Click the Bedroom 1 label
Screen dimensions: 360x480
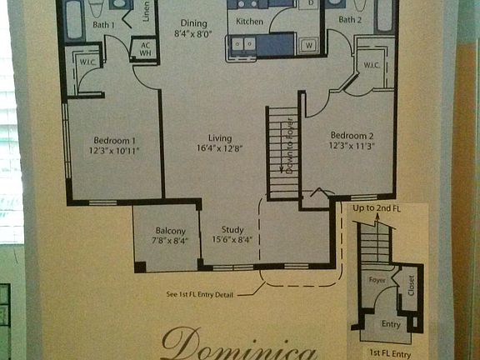pos(116,140)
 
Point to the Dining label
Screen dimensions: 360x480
pos(193,22)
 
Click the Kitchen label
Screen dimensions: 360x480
pos(250,20)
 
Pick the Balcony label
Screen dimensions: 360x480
pos(170,231)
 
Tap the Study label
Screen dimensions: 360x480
pos(232,230)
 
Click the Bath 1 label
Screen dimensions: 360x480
pos(103,25)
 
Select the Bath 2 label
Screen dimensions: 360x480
pos(351,19)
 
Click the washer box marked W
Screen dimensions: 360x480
pos(308,44)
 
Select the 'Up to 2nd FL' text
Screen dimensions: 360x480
pos(377,207)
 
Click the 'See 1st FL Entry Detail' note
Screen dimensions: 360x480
pos(212,293)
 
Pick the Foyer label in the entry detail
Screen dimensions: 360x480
pos(377,281)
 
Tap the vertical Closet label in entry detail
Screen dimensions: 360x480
pos(410,287)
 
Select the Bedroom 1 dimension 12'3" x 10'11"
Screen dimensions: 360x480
pos(116,151)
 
